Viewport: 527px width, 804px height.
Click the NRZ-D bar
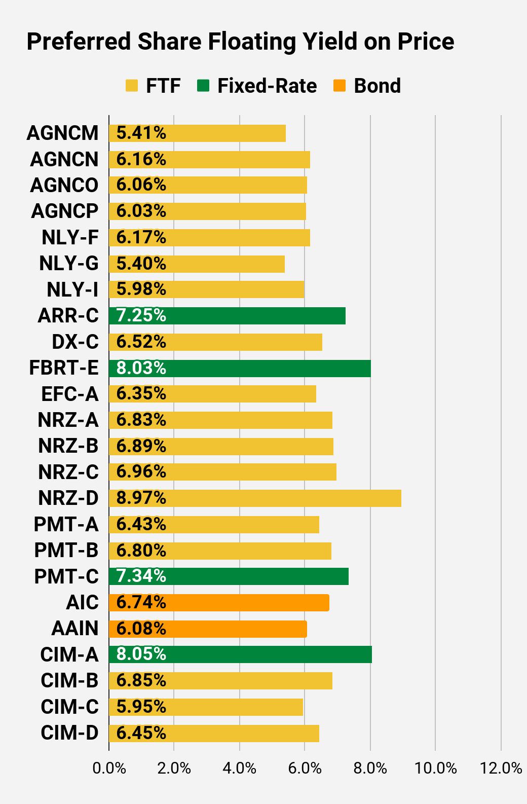pyautogui.click(x=255, y=498)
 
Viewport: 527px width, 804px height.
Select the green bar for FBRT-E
pyautogui.click(x=240, y=368)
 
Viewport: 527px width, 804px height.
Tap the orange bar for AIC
pyautogui.click(x=219, y=603)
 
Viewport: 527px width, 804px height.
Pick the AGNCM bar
pyautogui.click(x=197, y=133)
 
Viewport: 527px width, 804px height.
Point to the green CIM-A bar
pyautogui.click(x=240, y=654)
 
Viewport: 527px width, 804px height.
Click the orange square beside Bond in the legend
pyautogui.click(x=340, y=86)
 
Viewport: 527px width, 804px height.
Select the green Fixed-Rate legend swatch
pyautogui.click(x=203, y=86)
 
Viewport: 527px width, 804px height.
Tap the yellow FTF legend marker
pyautogui.click(x=132, y=86)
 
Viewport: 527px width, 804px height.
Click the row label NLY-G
pyautogui.click(x=69, y=264)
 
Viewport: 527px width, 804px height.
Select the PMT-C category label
pyautogui.click(x=66, y=576)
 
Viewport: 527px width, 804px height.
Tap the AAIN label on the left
pyautogui.click(x=75, y=629)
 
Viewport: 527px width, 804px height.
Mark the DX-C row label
pyautogui.click(x=76, y=342)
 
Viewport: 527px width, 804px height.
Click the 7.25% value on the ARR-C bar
pyautogui.click(x=141, y=315)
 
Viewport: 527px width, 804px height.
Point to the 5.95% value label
pyautogui.click(x=141, y=707)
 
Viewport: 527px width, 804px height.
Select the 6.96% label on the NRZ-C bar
pyautogui.click(x=141, y=471)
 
